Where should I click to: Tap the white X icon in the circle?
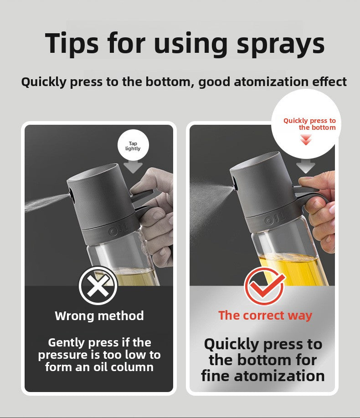[98, 286]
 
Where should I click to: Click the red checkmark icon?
[264, 286]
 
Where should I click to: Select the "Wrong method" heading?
[99, 316]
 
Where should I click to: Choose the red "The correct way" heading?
[265, 315]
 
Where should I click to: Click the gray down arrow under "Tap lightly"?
[133, 166]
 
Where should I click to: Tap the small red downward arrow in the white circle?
[306, 139]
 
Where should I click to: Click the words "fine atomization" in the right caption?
[263, 376]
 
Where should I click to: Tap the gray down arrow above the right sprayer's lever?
[306, 165]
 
